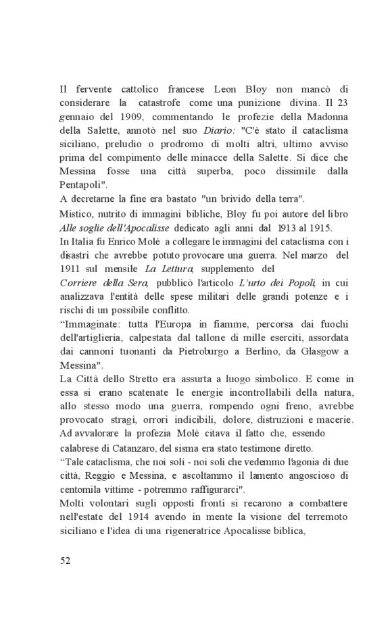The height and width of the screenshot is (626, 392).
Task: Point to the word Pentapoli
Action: (x=81, y=184)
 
